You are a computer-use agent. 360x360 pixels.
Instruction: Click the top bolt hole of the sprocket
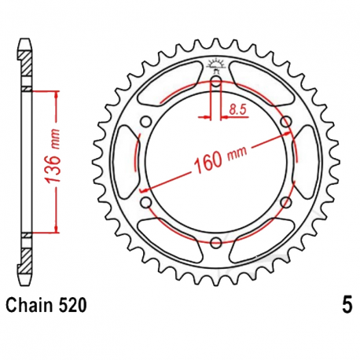[217, 81]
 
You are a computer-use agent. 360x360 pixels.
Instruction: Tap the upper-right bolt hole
[286, 121]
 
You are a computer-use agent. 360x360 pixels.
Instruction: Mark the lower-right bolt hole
[286, 202]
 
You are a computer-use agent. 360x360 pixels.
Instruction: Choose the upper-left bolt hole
[147, 121]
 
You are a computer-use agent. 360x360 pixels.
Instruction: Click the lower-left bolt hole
[147, 202]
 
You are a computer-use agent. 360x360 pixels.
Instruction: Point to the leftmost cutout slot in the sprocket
[126, 161]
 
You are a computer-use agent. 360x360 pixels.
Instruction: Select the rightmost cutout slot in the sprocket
[307, 161]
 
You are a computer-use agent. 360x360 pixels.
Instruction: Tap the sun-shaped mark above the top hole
[217, 66]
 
